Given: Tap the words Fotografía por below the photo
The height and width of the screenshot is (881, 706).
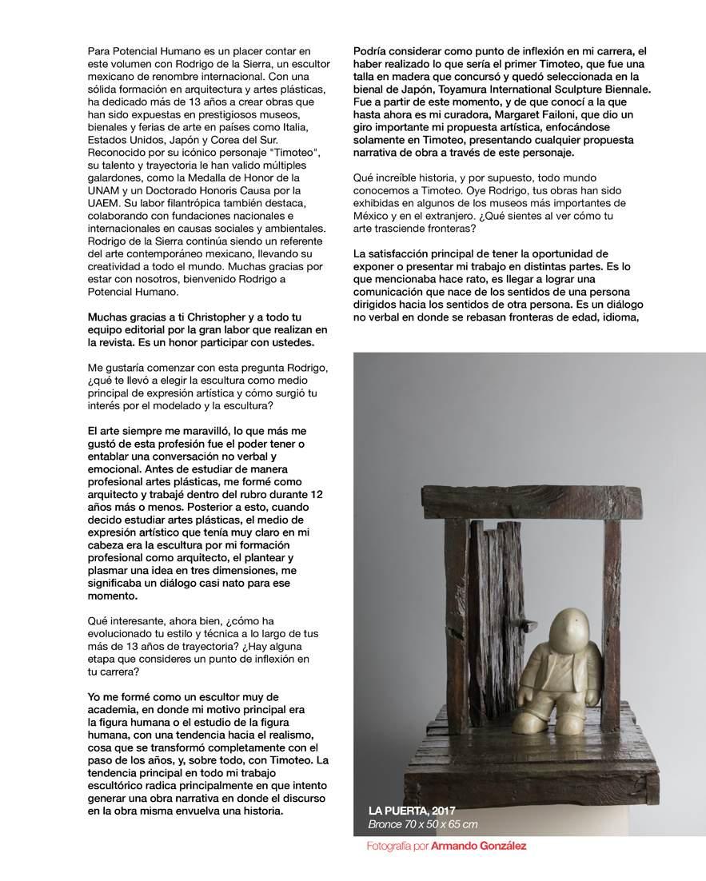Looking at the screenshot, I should coord(397,846).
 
